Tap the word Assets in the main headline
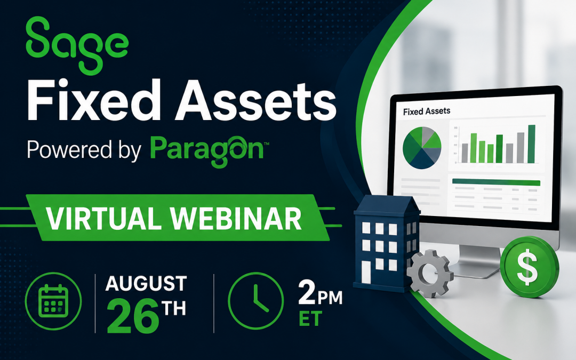[255, 100]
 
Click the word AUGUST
[146, 284]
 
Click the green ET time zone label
[310, 318]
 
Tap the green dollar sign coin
[530, 266]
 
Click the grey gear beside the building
[429, 274]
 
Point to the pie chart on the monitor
[422, 148]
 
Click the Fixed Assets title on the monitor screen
[427, 111]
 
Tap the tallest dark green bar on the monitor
[532, 144]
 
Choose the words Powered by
[84, 150]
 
